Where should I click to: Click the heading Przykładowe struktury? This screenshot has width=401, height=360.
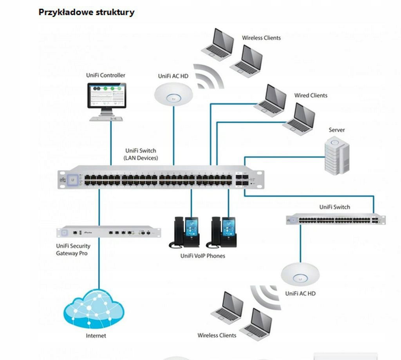tap(86, 12)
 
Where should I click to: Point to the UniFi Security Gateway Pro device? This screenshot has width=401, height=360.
tap(108, 232)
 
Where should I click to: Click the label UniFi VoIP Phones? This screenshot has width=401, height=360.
tap(202, 256)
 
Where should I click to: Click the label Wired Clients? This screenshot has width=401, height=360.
tap(311, 95)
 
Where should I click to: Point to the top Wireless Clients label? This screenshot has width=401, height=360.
tap(261, 38)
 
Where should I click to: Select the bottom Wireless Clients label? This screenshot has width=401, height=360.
tap(217, 335)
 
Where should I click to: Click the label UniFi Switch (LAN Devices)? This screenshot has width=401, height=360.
tap(141, 154)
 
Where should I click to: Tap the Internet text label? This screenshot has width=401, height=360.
tap(96, 336)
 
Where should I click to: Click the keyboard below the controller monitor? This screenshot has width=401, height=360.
tap(107, 118)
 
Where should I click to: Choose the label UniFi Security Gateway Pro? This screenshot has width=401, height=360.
tap(73, 250)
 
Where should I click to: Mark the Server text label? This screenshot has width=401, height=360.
tap(336, 130)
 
